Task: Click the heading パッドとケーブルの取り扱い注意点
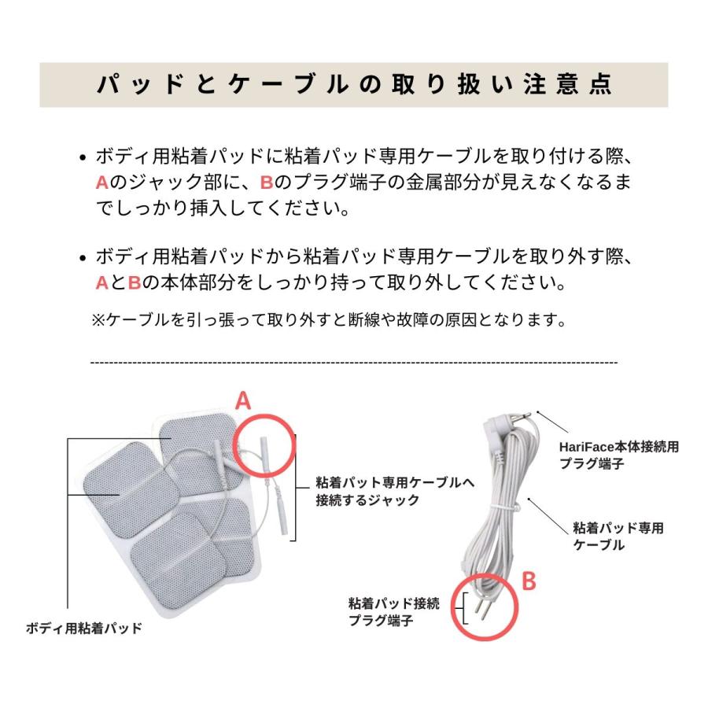354,85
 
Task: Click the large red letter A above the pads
244,401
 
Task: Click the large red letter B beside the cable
529,581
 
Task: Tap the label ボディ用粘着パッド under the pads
84,628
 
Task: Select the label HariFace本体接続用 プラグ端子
618,454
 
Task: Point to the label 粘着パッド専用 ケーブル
618,535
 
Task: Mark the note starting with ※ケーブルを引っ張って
329,319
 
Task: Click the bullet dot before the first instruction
83,157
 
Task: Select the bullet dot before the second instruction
83,258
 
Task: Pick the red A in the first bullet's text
101,183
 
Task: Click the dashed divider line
354,362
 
